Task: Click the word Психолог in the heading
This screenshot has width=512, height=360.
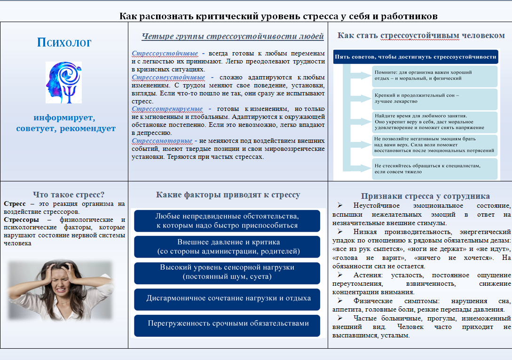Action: pyautogui.click(x=64, y=43)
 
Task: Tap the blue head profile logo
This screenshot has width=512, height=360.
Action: pyautogui.click(x=63, y=82)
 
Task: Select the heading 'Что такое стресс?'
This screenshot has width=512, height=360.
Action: pyautogui.click(x=69, y=194)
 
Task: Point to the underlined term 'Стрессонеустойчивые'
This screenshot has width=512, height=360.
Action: pyautogui.click(x=168, y=77)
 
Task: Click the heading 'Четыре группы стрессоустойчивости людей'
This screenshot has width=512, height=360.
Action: pyautogui.click(x=233, y=36)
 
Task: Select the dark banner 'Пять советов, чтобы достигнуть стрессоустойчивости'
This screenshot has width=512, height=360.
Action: pyautogui.click(x=415, y=57)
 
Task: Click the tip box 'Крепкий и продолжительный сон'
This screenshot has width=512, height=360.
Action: pyautogui.click(x=434, y=98)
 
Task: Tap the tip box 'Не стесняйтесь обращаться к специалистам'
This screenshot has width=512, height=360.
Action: pyautogui.click(x=434, y=169)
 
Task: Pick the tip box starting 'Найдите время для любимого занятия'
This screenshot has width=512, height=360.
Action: pyautogui.click(x=434, y=122)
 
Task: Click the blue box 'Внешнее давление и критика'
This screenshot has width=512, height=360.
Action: pyautogui.click(x=227, y=247)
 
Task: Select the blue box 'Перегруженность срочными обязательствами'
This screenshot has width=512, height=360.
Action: pyautogui.click(x=227, y=323)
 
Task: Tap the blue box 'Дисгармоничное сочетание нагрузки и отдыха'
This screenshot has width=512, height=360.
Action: pyautogui.click(x=227, y=298)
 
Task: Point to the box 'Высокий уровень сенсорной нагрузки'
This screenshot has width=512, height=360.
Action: pyautogui.click(x=227, y=272)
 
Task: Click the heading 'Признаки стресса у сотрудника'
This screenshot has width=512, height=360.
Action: pyautogui.click(x=425, y=196)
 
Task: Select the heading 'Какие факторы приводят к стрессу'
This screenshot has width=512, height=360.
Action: pyautogui.click(x=228, y=195)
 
